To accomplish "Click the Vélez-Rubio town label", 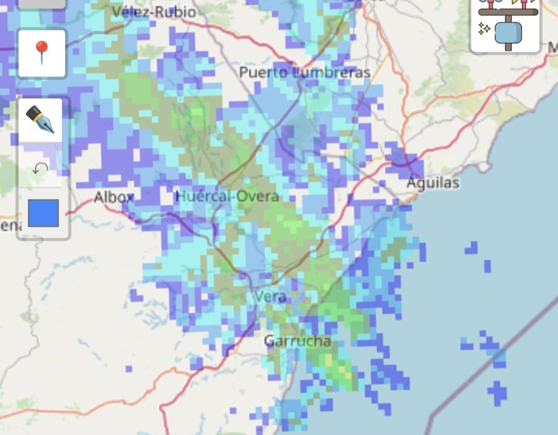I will [153, 12].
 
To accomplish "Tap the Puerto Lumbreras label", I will [305, 73].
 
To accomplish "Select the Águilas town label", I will [432, 182].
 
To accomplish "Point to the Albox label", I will [114, 197].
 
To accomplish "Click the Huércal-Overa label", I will [227, 196].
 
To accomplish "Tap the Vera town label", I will [271, 297].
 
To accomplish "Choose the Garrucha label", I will [297, 341].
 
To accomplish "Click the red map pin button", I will [42, 53].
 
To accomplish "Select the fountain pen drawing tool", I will [40, 120].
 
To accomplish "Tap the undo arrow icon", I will [40, 168].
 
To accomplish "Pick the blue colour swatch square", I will [43, 213].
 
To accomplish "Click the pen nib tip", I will [50, 129].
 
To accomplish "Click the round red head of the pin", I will [41, 48].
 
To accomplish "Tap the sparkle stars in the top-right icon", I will [484, 29].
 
